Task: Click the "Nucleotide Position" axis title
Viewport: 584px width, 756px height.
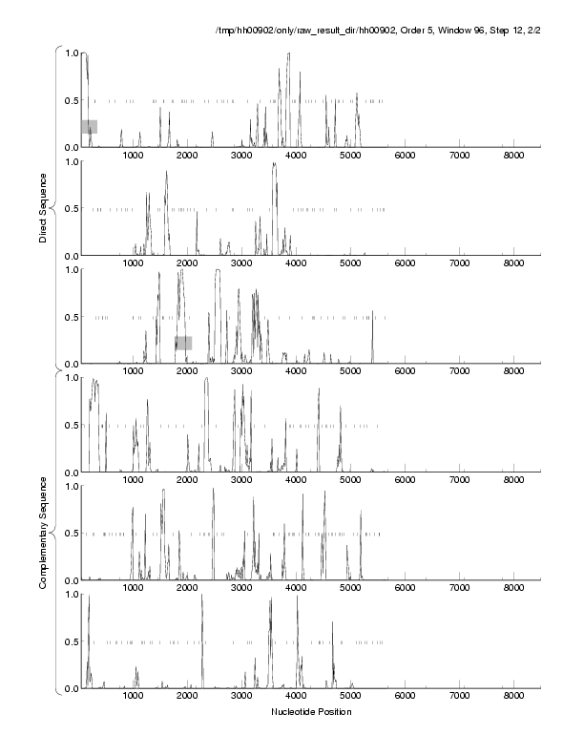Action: point(311,712)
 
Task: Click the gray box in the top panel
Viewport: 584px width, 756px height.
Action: point(89,127)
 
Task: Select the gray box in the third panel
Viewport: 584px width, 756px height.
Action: point(183,343)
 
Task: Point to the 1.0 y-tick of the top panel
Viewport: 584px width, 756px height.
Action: point(70,52)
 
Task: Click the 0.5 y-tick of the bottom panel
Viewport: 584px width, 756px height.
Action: point(70,641)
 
